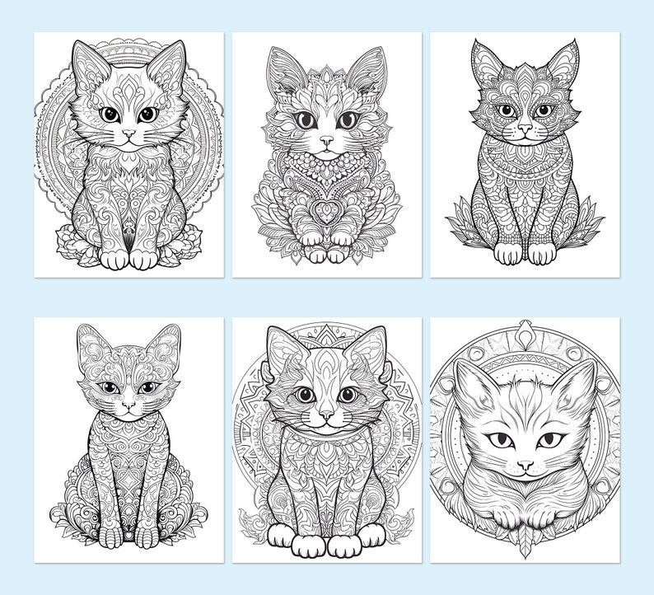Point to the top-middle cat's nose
point(326,141)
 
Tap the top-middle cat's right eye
point(348,120)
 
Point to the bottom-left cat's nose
point(127,405)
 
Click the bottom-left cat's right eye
point(148,387)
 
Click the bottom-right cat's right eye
point(548,441)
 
